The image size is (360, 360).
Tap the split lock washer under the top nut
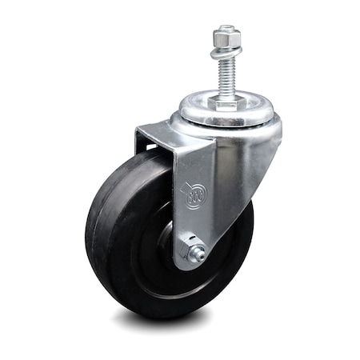226,54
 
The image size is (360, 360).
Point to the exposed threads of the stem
226,76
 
